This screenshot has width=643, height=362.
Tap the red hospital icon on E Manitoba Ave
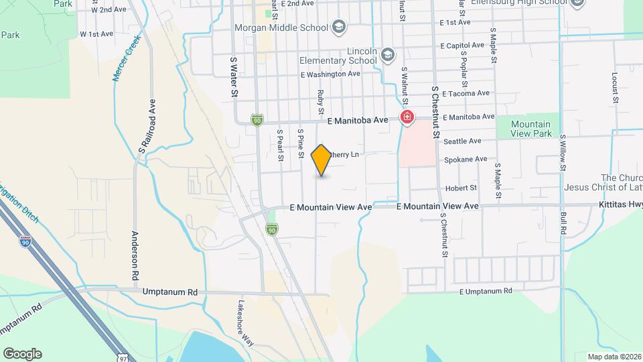pos(407,119)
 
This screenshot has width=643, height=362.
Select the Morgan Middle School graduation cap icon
pos(339,27)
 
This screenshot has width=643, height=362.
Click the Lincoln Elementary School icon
pos(387,54)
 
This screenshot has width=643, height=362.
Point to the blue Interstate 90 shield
pos(25,242)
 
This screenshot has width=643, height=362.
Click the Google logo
pos(22,354)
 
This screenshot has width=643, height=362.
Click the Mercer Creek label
pos(124,64)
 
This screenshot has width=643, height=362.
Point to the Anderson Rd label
pos(135,255)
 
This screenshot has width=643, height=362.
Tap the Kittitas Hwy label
pos(620,205)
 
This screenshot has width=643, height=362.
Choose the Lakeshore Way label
pos(246,322)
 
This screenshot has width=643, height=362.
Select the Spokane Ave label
pos(466,160)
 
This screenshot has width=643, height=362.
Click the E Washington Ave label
pos(330,74)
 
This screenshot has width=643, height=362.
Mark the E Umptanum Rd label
pos(486,290)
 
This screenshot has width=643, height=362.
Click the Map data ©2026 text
pos(614,356)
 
